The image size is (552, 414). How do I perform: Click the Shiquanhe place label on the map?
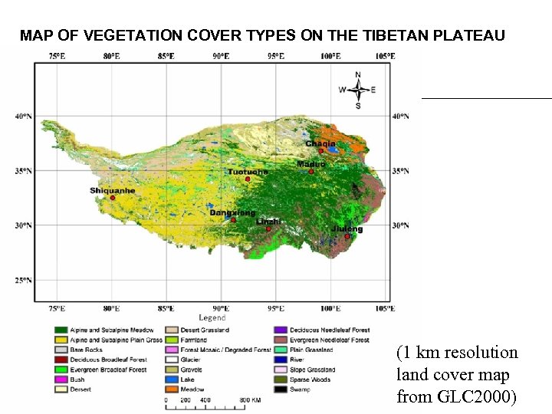112,190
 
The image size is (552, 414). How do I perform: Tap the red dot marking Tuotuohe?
248,179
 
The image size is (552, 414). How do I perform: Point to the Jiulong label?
347,228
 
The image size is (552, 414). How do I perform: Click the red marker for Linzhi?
268,228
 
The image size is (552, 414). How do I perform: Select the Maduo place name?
311,163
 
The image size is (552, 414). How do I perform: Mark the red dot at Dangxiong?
234,220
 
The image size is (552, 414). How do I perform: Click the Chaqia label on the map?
320,143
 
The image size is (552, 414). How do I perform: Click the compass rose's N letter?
358,74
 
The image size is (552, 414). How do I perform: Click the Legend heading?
212,317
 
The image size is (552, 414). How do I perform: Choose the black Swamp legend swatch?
279,389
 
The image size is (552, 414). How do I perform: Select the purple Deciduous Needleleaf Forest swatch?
279,330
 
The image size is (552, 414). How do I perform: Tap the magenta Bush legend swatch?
60,379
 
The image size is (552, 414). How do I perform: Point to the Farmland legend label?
195,340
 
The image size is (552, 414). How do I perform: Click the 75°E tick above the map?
57,56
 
